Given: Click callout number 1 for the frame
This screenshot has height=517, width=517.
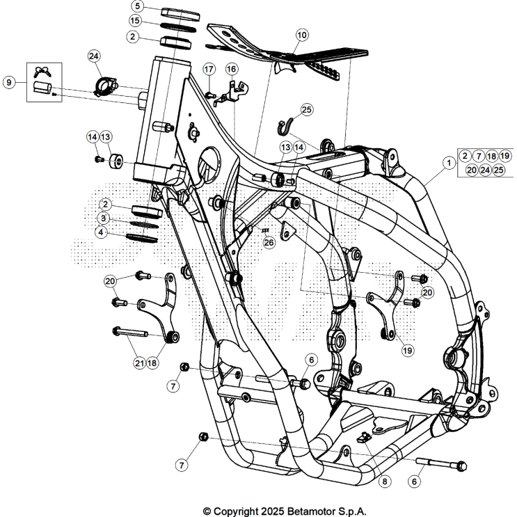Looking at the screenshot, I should click(x=449, y=161).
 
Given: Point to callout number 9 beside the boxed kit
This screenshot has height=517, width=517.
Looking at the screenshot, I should click(x=9, y=82).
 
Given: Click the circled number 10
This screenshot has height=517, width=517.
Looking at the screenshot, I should click(x=301, y=34).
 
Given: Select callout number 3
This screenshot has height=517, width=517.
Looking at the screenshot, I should click(x=103, y=218).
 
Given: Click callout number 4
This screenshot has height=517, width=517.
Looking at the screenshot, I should click(x=103, y=232).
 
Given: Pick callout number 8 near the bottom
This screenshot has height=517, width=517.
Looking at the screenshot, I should click(x=384, y=480).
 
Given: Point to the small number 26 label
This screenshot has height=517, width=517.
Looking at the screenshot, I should click(x=269, y=242).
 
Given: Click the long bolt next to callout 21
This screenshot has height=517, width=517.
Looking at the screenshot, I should click(x=130, y=333).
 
